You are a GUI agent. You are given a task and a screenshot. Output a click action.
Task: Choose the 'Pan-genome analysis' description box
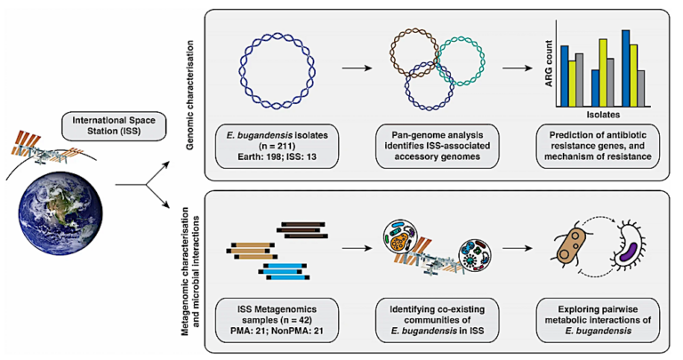(437, 147)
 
